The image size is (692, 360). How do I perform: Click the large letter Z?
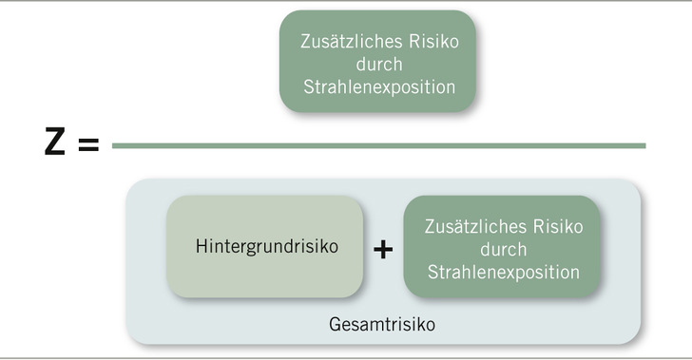[x=54, y=144]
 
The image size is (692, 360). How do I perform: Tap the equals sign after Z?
[x=87, y=146]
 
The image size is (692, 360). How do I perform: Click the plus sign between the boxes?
[x=382, y=249]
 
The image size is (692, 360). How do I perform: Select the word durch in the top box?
[x=377, y=64]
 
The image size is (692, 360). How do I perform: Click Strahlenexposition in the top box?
[x=377, y=85]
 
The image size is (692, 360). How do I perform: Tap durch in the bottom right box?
[x=503, y=249]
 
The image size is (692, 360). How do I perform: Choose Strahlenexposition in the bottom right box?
[x=503, y=272]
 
